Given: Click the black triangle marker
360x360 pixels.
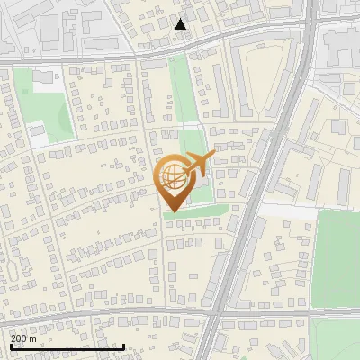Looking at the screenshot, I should click(x=181, y=24).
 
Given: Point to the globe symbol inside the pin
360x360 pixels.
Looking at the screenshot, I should click(x=175, y=177).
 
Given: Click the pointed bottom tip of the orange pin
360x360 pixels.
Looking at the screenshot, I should click(x=175, y=214).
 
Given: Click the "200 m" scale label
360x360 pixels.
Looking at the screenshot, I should click(x=24, y=338).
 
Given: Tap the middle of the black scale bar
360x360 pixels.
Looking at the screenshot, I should click(x=67, y=346).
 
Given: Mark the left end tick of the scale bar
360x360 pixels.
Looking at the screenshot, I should click(x=12, y=346).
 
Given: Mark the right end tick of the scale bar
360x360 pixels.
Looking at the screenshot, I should click(x=123, y=346).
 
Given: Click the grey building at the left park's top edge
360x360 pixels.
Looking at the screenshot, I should click(x=43, y=79).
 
